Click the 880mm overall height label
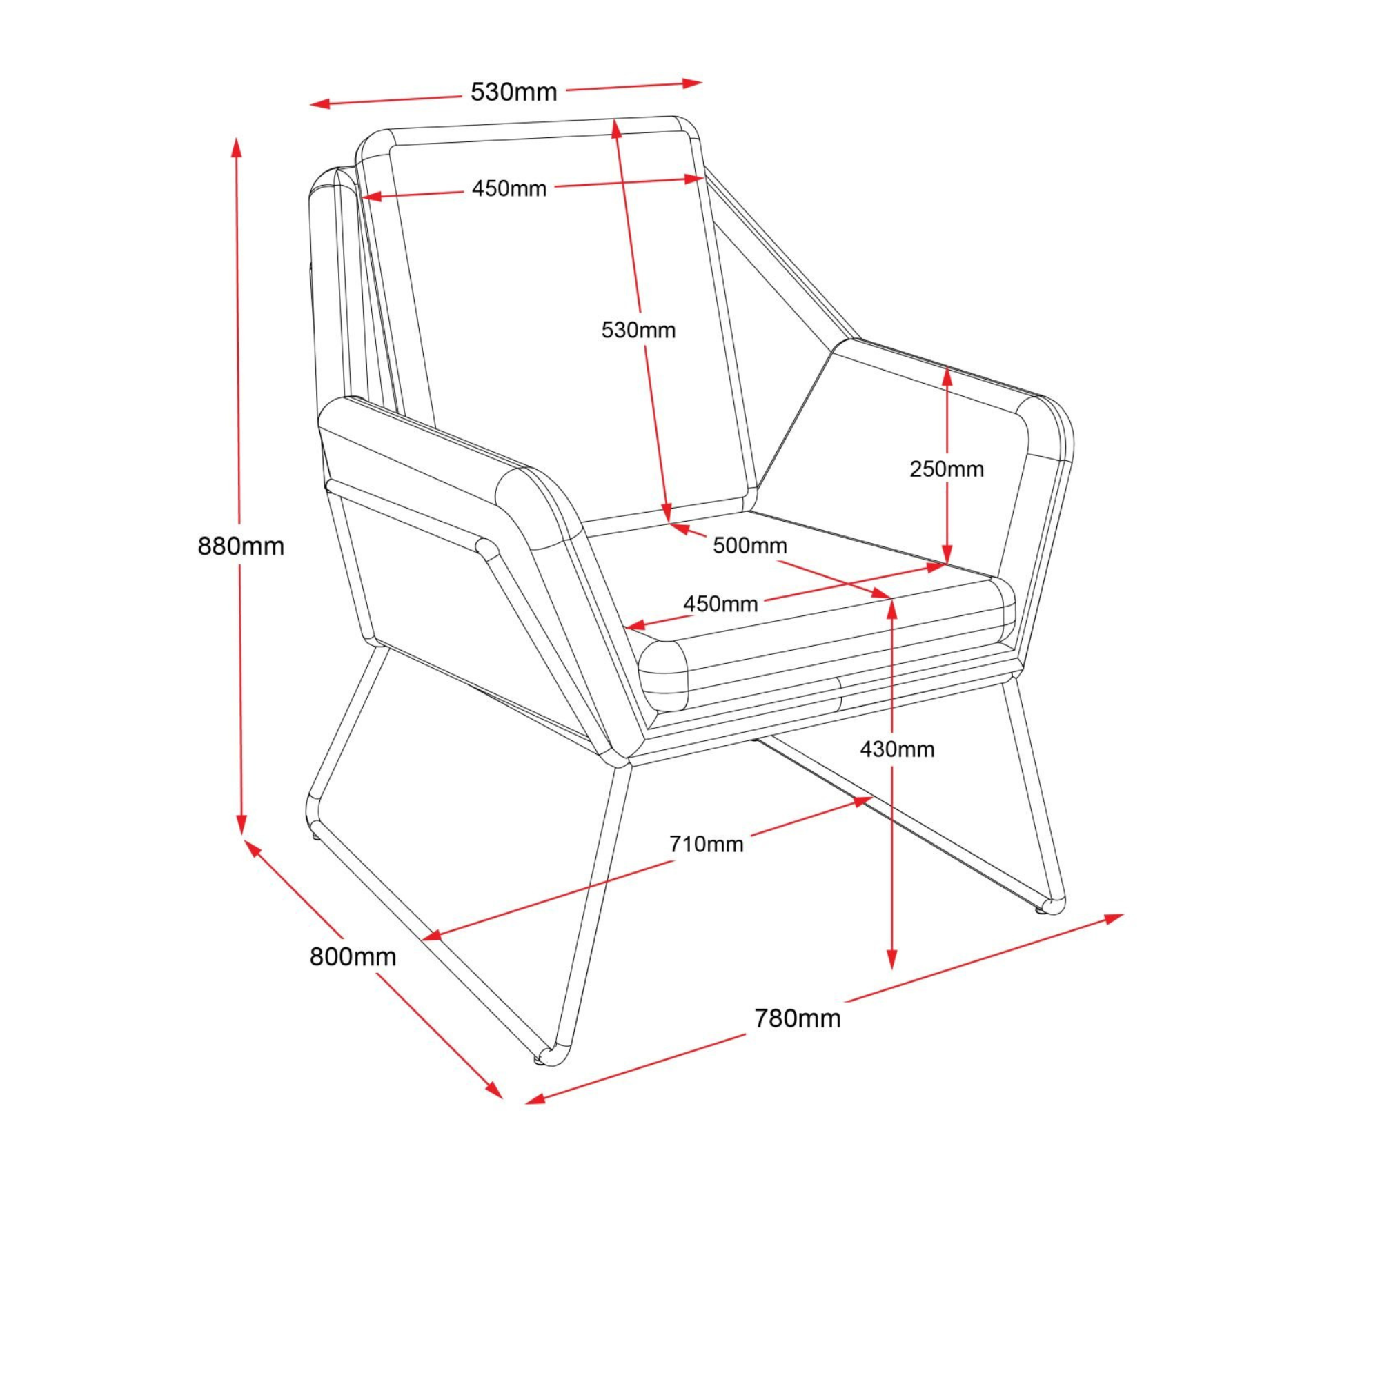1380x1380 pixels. click(241, 546)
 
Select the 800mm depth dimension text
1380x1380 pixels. click(352, 956)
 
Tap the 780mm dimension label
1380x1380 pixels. click(797, 1018)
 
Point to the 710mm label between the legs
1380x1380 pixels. click(706, 845)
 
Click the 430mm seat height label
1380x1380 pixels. click(897, 749)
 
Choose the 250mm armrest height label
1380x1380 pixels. click(947, 469)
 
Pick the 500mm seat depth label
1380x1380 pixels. click(749, 546)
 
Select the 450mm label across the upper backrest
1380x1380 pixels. click(509, 188)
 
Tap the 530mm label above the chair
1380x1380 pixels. click(513, 92)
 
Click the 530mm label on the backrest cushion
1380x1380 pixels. click(638, 330)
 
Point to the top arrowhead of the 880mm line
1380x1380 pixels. click(237, 146)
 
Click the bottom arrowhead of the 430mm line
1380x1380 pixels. click(891, 960)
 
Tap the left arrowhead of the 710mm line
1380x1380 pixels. click(433, 934)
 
